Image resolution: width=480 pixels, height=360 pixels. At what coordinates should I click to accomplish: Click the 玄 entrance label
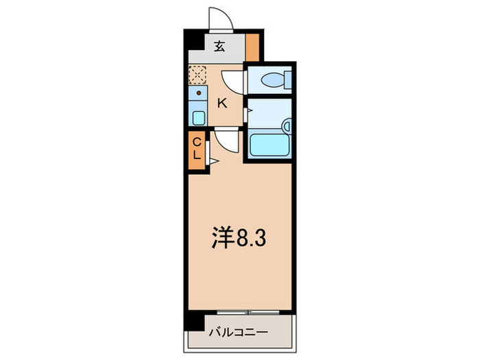point(219,47)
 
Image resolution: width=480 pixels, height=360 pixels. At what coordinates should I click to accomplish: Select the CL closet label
point(197,148)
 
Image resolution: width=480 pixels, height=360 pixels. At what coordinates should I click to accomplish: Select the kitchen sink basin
point(198,117)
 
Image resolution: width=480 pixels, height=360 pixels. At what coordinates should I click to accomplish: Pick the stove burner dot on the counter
point(199,92)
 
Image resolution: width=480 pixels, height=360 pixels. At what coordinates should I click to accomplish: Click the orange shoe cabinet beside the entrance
point(252,47)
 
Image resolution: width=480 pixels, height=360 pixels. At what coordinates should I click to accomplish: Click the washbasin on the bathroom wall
point(287,127)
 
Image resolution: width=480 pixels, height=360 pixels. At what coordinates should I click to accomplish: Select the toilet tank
point(289,80)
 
